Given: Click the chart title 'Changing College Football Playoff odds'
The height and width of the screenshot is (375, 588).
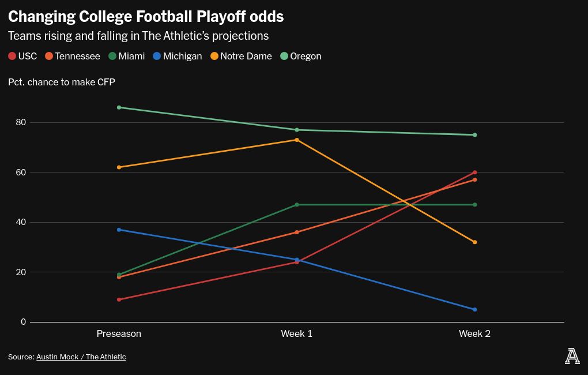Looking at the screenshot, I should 146,16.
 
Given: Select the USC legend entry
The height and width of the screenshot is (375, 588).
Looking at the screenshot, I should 22,56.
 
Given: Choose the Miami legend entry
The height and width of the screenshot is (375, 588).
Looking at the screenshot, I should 126,56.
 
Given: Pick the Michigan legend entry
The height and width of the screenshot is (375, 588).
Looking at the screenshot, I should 177,56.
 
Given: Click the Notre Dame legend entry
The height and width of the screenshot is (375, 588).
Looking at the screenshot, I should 240,56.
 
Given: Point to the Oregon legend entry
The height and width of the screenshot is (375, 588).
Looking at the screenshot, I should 300,56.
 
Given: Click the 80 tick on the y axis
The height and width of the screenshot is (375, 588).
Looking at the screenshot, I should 21,122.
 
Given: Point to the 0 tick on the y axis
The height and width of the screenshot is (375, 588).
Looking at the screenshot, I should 23,322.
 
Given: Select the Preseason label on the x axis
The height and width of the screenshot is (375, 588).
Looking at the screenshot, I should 119,334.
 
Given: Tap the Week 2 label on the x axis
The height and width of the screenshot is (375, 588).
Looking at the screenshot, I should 474,334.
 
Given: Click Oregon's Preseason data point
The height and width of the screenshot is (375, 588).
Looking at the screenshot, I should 119,107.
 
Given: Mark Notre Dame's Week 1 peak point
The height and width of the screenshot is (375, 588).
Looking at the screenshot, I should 297,140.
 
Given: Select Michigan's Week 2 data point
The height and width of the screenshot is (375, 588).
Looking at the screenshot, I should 474,310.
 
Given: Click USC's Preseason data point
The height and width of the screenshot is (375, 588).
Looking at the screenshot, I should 119,299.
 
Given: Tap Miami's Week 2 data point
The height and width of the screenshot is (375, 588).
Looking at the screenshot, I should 474,205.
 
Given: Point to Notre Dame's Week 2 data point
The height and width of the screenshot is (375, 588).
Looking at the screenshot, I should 474,242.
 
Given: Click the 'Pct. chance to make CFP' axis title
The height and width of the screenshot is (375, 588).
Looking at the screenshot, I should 62,82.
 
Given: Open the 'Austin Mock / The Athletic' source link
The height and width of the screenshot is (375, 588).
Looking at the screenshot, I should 81,357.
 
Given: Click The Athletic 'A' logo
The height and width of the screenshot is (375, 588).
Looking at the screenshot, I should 572,357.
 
